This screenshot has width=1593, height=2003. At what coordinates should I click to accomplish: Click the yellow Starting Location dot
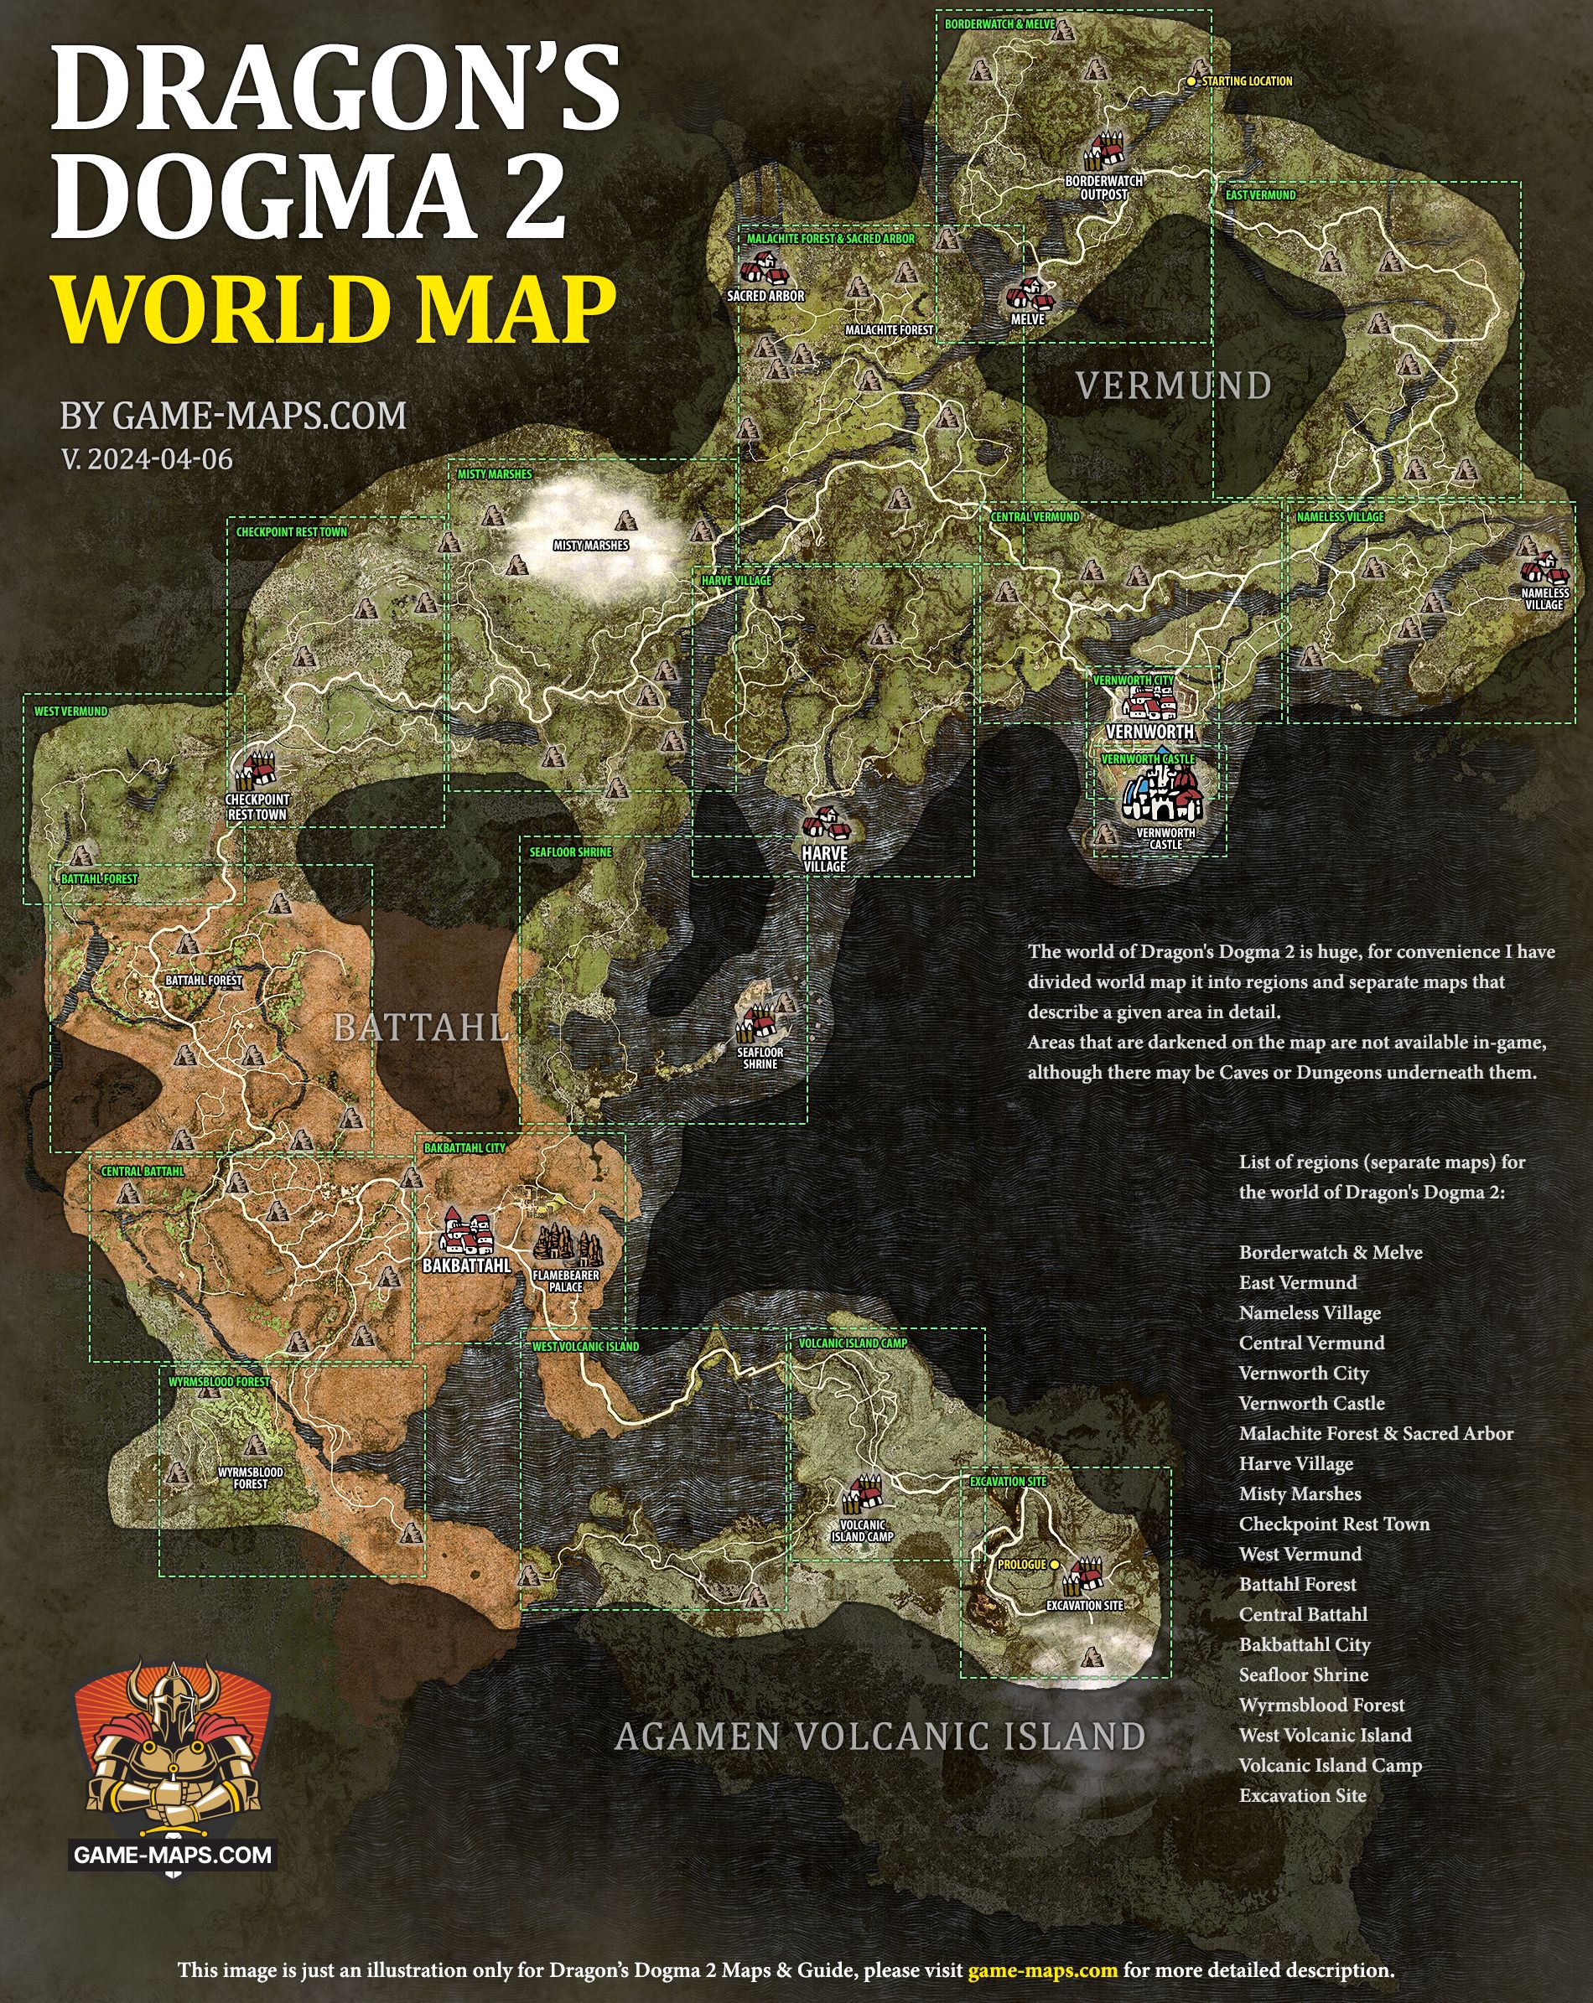click(x=1191, y=82)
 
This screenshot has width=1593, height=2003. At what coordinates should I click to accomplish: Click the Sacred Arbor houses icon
click(x=764, y=268)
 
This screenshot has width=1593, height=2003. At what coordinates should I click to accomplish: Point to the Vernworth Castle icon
click(x=1163, y=795)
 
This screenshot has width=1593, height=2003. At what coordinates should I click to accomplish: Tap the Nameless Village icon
click(x=1544, y=567)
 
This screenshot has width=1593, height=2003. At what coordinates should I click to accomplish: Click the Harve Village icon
click(x=825, y=823)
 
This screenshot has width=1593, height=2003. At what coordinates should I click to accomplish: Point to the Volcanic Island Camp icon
click(x=864, y=1494)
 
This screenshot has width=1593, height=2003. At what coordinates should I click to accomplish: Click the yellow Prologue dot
click(x=1054, y=1565)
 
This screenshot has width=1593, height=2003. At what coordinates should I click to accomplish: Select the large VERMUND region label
click(x=1174, y=386)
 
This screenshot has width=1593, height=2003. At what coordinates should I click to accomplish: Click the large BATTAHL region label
click(x=421, y=1027)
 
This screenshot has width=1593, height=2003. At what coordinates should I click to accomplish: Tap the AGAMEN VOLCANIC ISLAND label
click(x=880, y=1736)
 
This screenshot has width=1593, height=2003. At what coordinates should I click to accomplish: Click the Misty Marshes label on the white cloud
click(x=591, y=546)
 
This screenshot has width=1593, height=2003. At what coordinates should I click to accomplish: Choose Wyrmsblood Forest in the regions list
click(x=1321, y=1705)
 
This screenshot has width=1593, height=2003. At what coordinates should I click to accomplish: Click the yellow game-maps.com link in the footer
click(x=1042, y=1969)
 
